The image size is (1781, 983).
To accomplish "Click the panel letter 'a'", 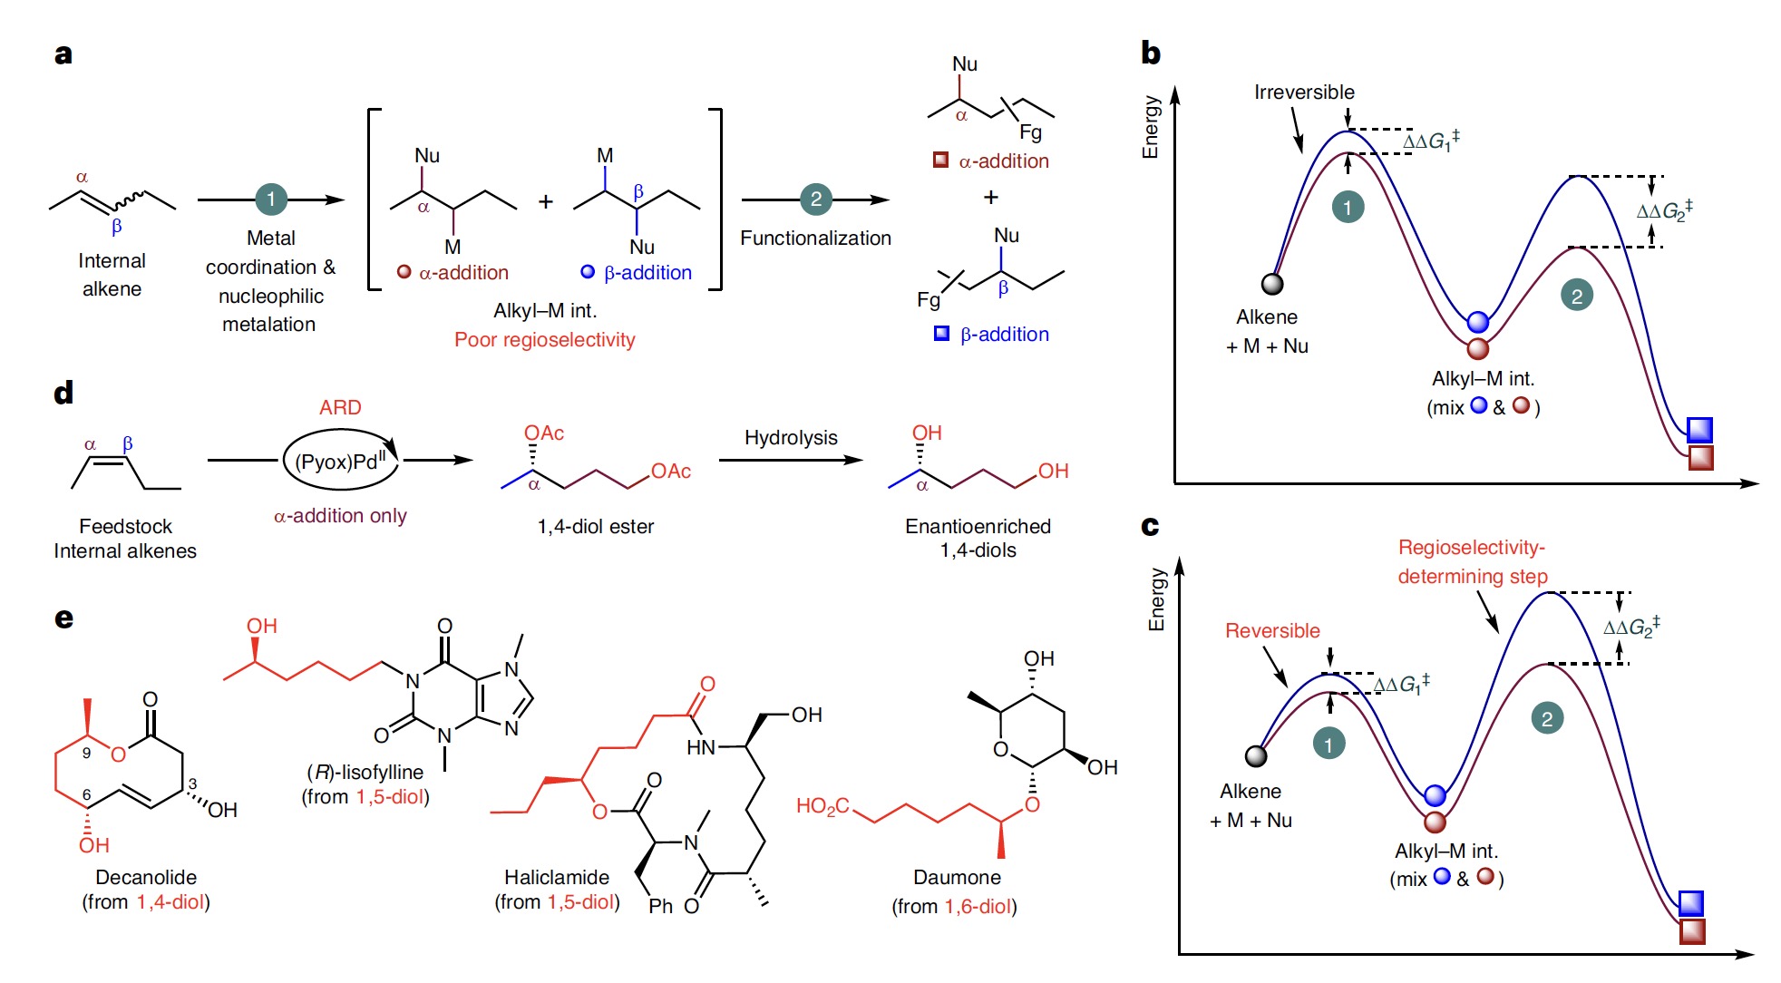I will [x=63, y=54].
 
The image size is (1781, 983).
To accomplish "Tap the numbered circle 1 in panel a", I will [x=270, y=200].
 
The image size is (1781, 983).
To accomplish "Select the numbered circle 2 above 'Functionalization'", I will [x=815, y=200].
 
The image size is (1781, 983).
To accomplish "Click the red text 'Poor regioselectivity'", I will [x=544, y=340].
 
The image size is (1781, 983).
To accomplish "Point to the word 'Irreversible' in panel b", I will [x=1304, y=92].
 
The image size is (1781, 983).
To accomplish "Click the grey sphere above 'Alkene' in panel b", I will [x=1272, y=284].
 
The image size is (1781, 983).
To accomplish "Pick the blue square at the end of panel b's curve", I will [x=1699, y=429].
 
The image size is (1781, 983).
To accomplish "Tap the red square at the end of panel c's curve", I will [x=1692, y=931].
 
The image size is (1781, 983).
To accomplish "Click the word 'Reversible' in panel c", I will [x=1272, y=631].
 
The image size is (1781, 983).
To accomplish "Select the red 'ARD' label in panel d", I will [x=340, y=408].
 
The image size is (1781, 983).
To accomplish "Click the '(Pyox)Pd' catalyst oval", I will [x=341, y=462].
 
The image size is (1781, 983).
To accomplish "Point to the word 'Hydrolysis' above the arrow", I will [x=791, y=438].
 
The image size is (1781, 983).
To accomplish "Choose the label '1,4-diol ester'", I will [x=595, y=527].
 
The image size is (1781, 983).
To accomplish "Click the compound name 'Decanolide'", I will [x=146, y=877].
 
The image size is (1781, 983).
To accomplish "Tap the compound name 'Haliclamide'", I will [x=557, y=877].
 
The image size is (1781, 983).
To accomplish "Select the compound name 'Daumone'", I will [x=957, y=877].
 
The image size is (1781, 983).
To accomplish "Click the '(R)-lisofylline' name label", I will [x=365, y=773].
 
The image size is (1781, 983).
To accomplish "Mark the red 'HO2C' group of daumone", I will [x=822, y=806].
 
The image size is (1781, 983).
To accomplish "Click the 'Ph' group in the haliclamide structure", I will [x=660, y=906].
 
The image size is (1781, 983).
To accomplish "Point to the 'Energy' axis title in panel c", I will [x=1155, y=599].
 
